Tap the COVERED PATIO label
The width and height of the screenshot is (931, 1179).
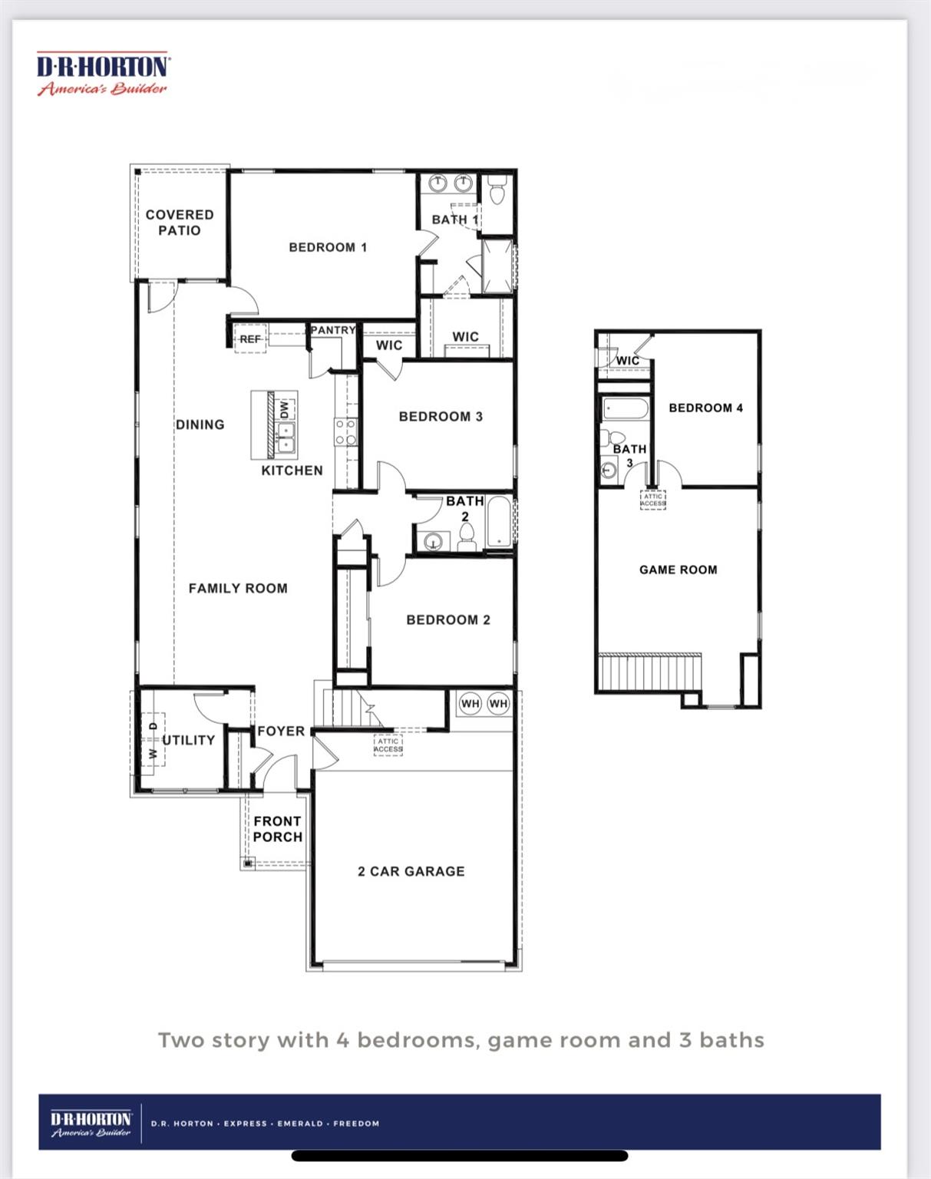[x=180, y=223]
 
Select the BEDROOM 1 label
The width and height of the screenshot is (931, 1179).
[x=328, y=247]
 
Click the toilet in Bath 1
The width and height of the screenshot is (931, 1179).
[x=497, y=190]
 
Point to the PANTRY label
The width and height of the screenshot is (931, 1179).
[x=333, y=330]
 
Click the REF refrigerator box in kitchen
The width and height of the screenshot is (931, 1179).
[x=250, y=339]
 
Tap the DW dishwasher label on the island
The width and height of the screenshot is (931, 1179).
[x=285, y=409]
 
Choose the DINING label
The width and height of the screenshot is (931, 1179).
[x=200, y=424]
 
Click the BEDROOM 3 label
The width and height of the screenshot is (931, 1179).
[x=441, y=417]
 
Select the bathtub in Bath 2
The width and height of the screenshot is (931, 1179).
[x=500, y=523]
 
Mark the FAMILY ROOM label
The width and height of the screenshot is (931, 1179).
[x=238, y=589]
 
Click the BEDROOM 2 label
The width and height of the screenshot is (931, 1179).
[x=448, y=619]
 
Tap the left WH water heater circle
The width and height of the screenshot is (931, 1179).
[x=470, y=703]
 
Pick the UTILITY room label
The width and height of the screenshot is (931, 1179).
[x=189, y=740]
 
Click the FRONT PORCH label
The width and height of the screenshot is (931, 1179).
[x=278, y=829]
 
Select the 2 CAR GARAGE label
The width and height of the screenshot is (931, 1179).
[x=411, y=871]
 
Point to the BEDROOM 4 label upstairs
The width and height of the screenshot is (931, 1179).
[x=705, y=408]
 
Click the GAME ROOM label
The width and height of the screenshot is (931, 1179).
[x=678, y=570]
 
